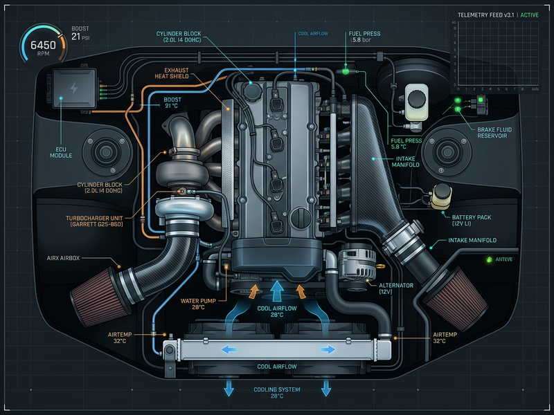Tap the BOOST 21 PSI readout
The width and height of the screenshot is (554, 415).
81,37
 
